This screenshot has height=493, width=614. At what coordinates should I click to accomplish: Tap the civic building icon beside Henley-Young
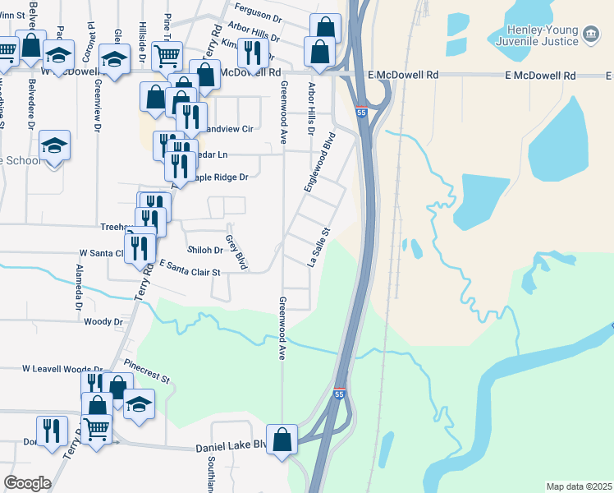click(x=589, y=34)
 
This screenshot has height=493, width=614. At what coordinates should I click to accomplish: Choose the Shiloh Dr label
click(x=207, y=251)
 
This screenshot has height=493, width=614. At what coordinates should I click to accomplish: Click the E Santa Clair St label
click(x=190, y=268)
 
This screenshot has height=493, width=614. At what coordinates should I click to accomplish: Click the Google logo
click(x=27, y=483)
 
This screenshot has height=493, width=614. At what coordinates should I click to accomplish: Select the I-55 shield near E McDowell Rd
click(x=361, y=110)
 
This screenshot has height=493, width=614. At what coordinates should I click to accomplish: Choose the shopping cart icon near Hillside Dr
click(x=167, y=56)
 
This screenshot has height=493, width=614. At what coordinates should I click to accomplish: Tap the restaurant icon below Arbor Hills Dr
click(x=252, y=53)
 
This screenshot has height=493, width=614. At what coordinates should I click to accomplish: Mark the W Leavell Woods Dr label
click(x=62, y=370)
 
